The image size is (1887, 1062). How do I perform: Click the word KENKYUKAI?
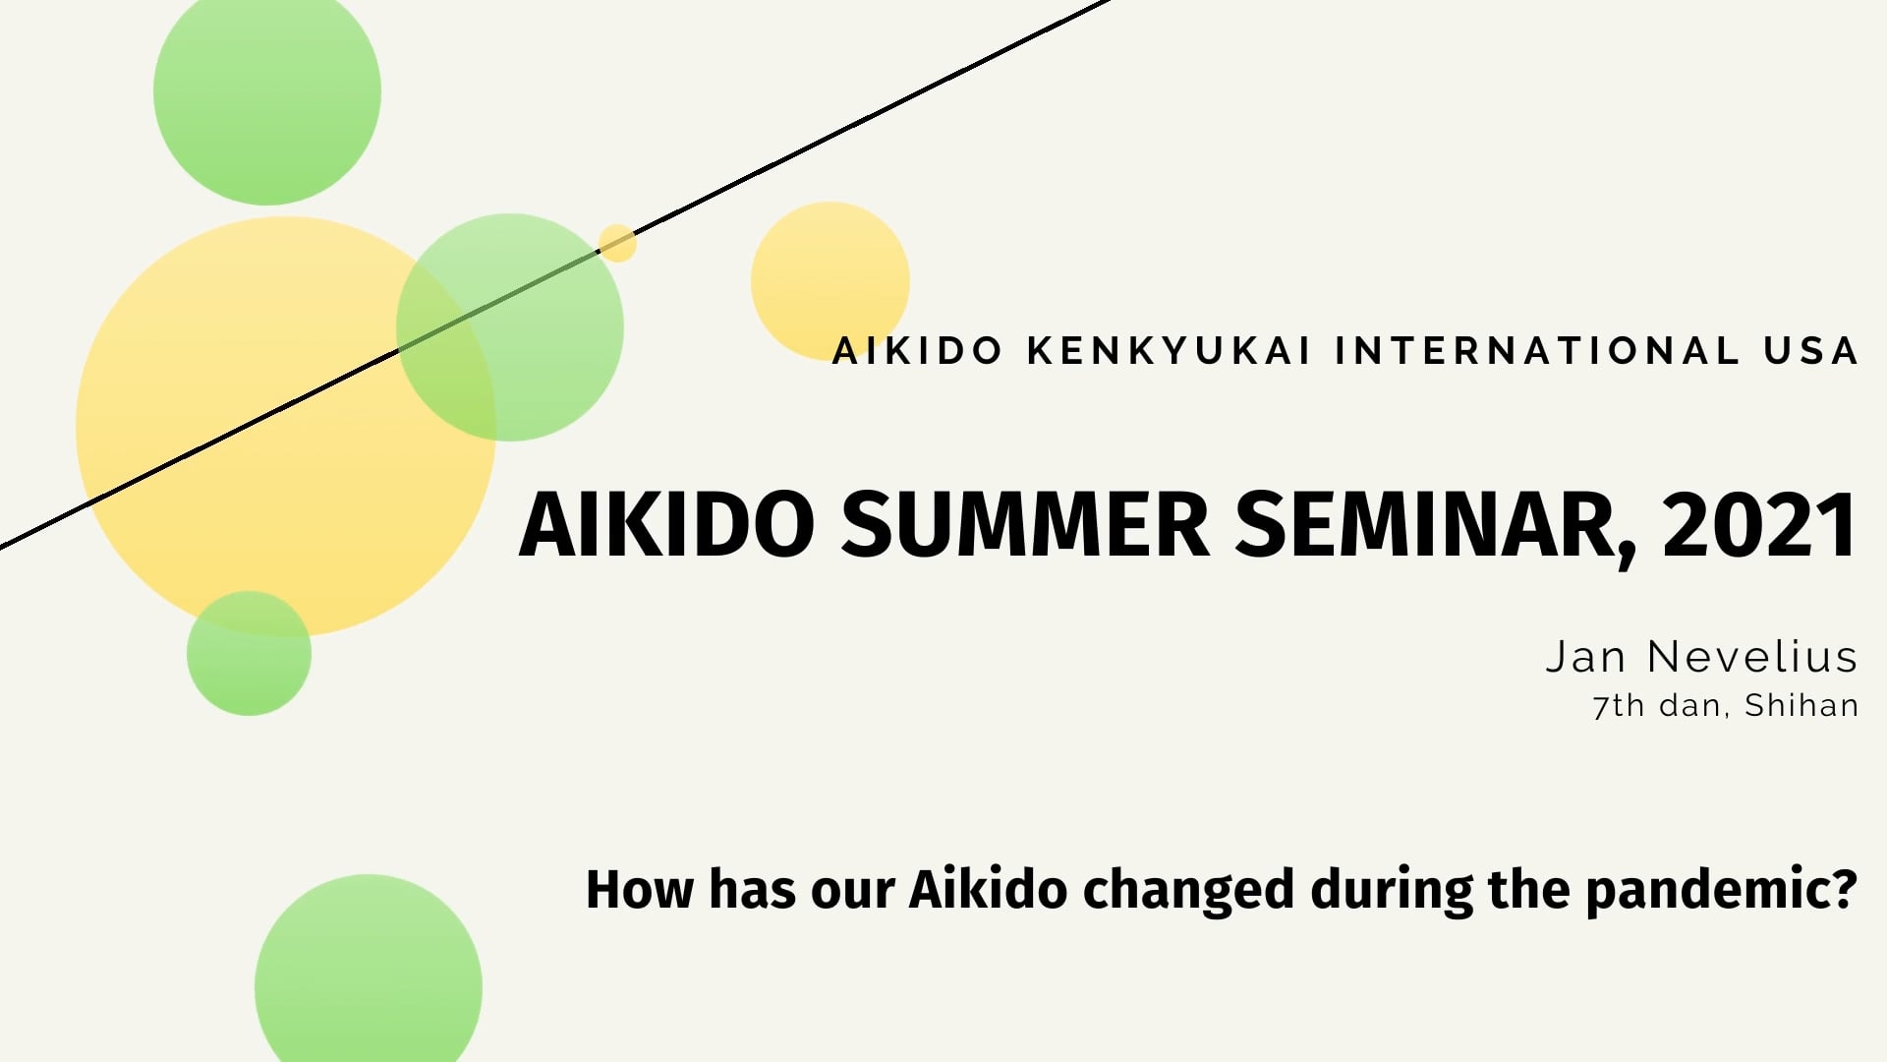tap(1170, 351)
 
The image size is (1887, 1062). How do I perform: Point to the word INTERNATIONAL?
tap(1537, 351)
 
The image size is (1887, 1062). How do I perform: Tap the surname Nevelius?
tap(1752, 657)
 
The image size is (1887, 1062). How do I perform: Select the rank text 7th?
tap(1619, 706)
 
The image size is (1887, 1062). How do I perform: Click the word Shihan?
tap(1801, 706)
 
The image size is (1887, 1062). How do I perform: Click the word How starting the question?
tap(639, 890)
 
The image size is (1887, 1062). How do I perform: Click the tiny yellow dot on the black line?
tap(617, 243)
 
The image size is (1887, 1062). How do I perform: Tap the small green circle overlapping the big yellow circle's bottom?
tap(249, 653)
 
